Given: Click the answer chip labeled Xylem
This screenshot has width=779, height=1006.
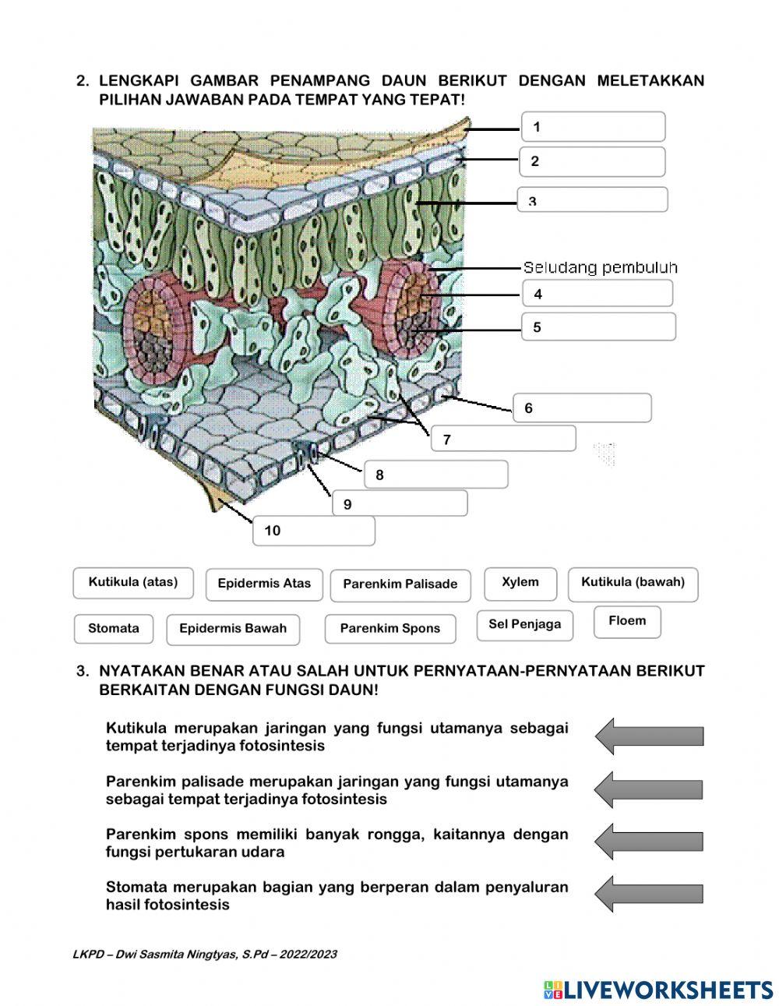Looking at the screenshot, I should pyautogui.click(x=520, y=583).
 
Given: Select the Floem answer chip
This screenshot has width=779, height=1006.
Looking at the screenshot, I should pyautogui.click(x=627, y=622).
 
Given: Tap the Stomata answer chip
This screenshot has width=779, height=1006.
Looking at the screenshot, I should pyautogui.click(x=114, y=629).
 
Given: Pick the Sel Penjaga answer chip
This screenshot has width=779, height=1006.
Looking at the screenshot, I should pyautogui.click(x=524, y=625).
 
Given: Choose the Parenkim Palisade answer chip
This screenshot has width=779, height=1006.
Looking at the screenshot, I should pyautogui.click(x=400, y=585).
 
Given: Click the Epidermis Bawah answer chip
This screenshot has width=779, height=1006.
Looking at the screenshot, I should pyautogui.click(x=233, y=629).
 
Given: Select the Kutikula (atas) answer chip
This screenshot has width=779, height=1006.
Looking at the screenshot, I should pyautogui.click(x=133, y=583).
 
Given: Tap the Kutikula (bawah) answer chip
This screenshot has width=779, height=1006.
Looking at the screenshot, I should pyautogui.click(x=633, y=583).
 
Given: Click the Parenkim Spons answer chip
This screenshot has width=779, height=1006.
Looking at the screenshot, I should pyautogui.click(x=390, y=629).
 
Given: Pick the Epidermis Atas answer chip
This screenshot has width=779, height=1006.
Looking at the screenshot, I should pyautogui.click(x=264, y=584).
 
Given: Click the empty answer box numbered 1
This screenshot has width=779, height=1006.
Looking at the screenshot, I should pyautogui.click(x=594, y=127).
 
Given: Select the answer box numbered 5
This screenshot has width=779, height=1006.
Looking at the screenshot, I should pyautogui.click(x=598, y=327).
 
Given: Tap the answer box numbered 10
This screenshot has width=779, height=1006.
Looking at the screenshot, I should pyautogui.click(x=314, y=531).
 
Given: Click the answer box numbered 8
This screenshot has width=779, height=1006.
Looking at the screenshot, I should pyautogui.click(x=436, y=475).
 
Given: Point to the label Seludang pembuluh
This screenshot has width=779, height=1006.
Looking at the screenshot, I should pyautogui.click(x=600, y=268).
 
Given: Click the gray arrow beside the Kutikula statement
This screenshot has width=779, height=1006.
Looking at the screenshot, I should pyautogui.click(x=649, y=736).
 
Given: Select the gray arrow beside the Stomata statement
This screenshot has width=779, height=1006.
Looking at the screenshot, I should pyautogui.click(x=649, y=894).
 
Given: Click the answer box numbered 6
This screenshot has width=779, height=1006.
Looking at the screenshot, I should pyautogui.click(x=582, y=408).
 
